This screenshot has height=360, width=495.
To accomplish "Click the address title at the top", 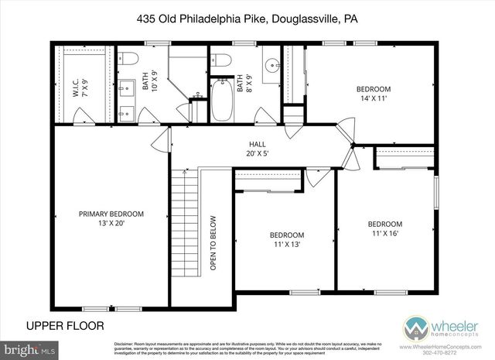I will [247, 16].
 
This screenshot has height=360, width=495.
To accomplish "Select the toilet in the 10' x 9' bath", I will [128, 57].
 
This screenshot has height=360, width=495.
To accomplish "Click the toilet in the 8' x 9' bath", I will [223, 59].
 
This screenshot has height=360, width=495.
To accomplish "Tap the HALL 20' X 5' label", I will [258, 149].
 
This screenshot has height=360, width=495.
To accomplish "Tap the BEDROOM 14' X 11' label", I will [374, 94].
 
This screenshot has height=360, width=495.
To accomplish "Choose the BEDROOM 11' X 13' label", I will [286, 240].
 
